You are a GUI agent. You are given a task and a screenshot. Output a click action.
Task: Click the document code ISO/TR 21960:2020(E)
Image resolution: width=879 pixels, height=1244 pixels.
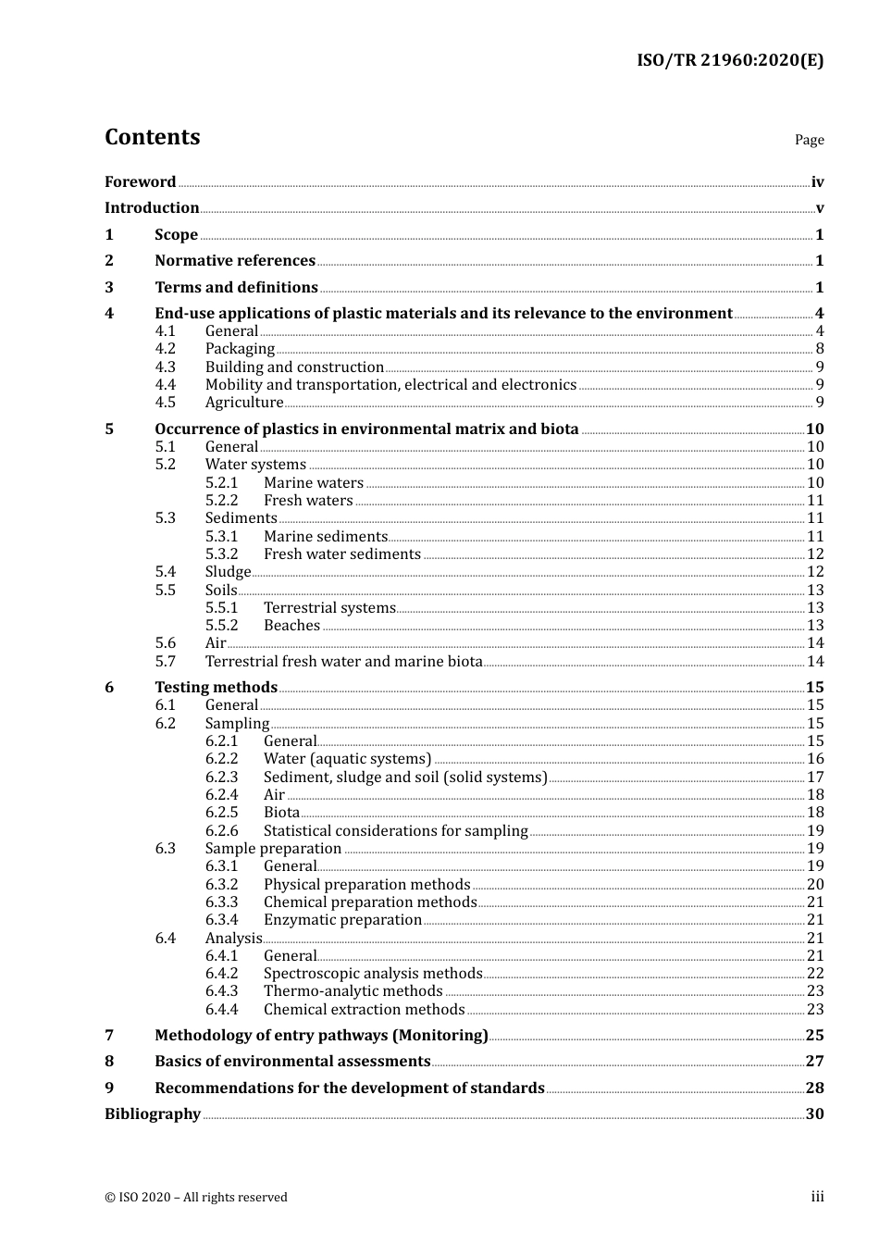(x=729, y=61)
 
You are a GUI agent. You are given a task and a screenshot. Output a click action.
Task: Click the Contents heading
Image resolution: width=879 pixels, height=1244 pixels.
(x=152, y=137)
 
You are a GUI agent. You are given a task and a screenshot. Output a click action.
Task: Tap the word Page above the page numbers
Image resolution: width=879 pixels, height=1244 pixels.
(x=809, y=140)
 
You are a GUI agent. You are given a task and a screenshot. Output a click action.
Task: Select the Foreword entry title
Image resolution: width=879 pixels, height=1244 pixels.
(x=140, y=182)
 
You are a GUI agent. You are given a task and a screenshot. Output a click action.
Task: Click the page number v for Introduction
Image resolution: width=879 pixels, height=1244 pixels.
(x=819, y=208)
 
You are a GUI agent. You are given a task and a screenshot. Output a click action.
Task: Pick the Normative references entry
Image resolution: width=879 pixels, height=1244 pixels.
(x=235, y=261)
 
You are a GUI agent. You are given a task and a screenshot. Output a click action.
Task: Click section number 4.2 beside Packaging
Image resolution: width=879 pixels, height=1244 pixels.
(x=165, y=349)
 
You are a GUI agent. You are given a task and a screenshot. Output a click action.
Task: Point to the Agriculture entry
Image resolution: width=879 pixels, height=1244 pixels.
(x=244, y=403)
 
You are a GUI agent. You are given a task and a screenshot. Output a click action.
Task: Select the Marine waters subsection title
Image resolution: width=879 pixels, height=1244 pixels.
(x=313, y=483)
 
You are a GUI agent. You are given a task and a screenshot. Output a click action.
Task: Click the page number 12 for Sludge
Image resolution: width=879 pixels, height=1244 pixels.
(x=814, y=572)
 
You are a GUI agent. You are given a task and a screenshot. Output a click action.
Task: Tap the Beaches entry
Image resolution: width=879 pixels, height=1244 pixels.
(x=291, y=626)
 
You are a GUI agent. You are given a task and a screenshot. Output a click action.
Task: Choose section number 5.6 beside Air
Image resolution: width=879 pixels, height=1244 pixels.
(x=165, y=643)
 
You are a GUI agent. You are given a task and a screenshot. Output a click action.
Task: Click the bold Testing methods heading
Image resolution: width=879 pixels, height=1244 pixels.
(x=216, y=687)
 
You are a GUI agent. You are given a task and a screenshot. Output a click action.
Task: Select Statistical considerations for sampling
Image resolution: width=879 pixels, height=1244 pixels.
(x=395, y=831)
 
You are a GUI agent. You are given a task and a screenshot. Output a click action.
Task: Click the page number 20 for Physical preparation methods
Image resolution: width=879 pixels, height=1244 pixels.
(x=814, y=885)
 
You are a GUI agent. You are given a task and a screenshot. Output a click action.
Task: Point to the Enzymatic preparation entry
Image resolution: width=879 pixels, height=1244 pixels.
(x=342, y=920)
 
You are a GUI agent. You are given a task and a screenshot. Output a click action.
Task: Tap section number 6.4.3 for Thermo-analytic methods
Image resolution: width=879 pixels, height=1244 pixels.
(x=221, y=991)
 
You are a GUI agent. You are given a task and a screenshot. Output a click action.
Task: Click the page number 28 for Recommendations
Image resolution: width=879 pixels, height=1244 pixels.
(x=814, y=1088)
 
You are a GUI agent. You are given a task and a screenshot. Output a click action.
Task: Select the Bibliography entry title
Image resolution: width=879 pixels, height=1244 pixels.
(x=153, y=1114)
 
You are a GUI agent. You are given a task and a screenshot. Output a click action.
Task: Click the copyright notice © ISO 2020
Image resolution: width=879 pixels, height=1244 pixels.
(x=196, y=1198)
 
